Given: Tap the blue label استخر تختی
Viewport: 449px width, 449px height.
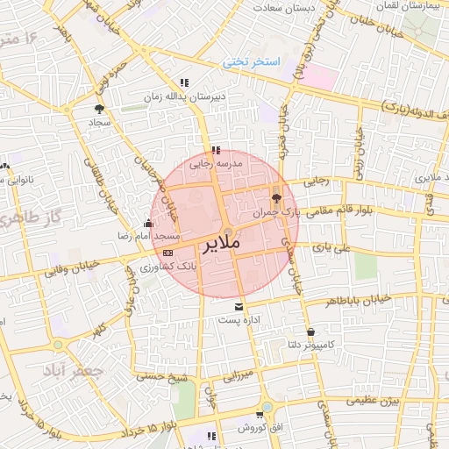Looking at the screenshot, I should pos(251,62).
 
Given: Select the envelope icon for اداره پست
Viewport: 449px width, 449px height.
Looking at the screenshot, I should pos(239,306).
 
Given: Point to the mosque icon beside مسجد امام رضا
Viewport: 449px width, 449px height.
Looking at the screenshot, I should pos(147,224).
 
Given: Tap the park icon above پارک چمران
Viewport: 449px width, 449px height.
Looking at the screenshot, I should pos(277,196).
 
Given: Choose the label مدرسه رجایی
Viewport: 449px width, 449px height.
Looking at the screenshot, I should pos(216,162).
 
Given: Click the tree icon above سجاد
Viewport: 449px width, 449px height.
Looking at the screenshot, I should pos(98,109).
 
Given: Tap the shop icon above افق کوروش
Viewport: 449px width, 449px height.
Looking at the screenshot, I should pos(260,415).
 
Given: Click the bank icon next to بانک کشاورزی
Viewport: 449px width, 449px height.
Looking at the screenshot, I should pos(168,253).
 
